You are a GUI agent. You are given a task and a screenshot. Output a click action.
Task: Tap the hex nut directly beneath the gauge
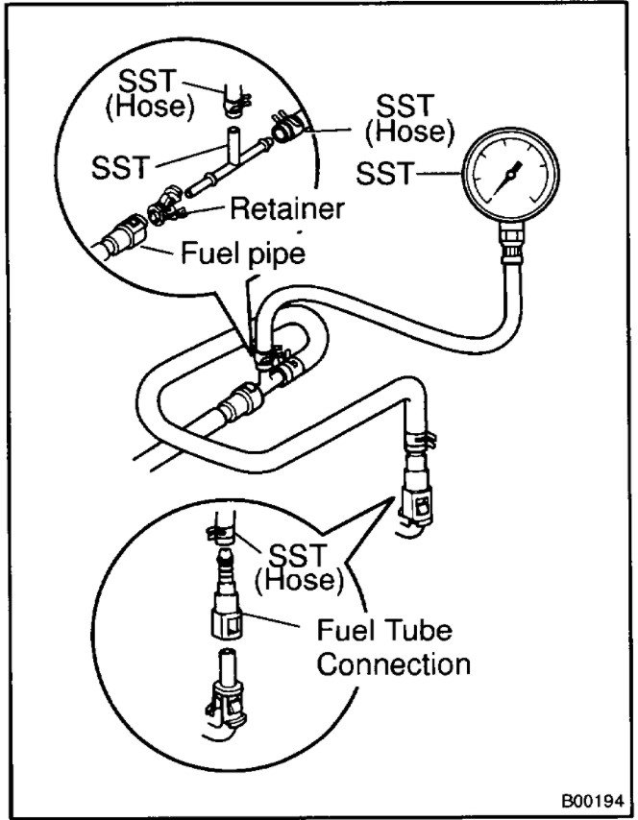point(509,234)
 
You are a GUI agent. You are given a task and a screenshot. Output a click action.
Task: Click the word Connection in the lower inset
point(394,664)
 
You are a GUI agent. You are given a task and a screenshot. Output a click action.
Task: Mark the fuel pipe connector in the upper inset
point(121,233)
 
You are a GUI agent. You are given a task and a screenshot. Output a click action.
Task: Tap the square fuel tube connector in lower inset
point(224,625)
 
